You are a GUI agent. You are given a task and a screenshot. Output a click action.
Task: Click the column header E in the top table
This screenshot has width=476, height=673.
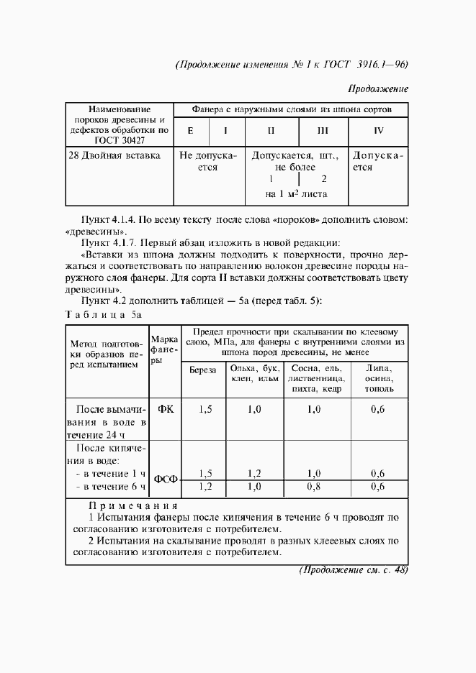[x=190, y=131]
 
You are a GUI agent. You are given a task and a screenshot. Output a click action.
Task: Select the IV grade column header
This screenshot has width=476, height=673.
[x=379, y=131]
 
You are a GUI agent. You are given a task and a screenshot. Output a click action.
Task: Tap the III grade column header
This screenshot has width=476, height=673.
[x=322, y=131]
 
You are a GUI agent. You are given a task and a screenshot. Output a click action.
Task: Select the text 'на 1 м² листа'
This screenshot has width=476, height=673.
[x=296, y=193]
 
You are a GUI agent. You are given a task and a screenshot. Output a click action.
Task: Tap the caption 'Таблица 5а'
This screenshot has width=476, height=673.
[x=104, y=314]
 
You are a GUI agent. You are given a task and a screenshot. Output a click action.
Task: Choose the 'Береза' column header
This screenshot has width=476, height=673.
[x=202, y=372]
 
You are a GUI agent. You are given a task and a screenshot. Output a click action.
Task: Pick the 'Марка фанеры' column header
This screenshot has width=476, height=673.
[x=164, y=349]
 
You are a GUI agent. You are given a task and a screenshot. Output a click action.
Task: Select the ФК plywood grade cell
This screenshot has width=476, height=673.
[x=165, y=409]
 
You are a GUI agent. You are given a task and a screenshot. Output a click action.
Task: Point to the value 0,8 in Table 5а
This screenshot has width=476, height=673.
[x=314, y=487]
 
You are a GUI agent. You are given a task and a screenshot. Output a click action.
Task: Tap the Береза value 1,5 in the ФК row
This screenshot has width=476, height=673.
[x=205, y=409]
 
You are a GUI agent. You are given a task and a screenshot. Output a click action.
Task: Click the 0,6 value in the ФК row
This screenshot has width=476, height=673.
[x=377, y=409]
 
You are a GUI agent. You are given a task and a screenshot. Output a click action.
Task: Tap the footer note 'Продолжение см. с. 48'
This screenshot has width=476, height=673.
[x=353, y=570]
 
